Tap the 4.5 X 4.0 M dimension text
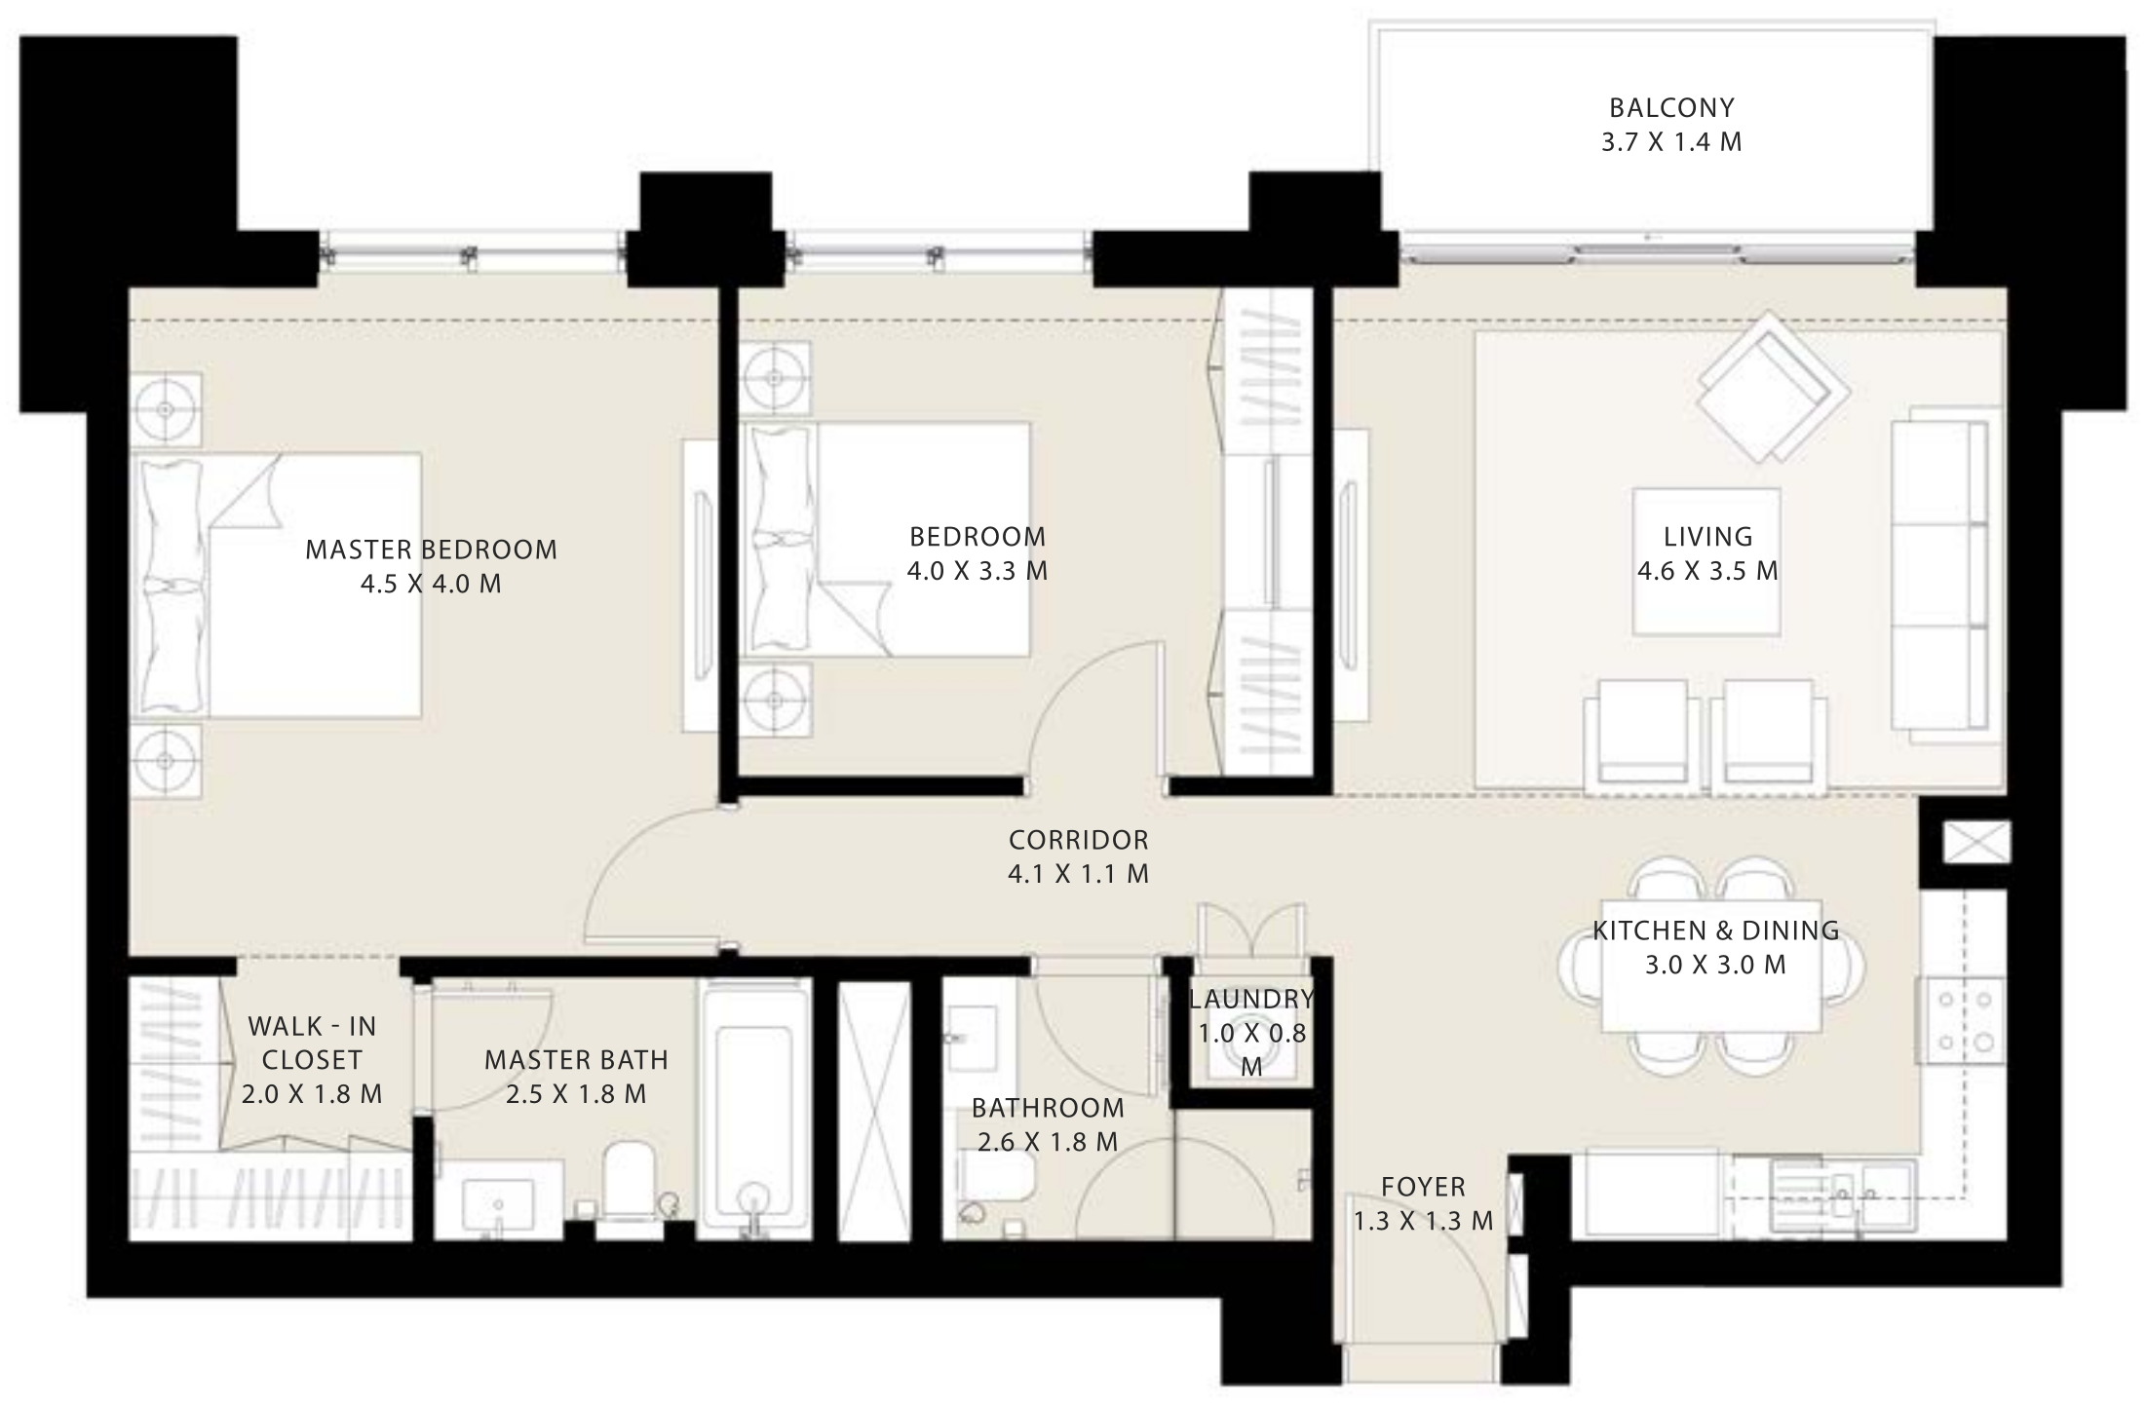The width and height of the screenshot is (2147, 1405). (431, 585)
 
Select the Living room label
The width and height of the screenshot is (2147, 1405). (1707, 536)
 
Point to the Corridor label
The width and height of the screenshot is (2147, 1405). (1078, 839)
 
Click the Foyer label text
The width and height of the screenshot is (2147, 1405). (1423, 1187)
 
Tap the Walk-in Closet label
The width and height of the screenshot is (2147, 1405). (312, 1043)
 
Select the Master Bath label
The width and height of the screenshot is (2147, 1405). (576, 1059)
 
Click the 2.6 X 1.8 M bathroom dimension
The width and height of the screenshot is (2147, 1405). (1048, 1142)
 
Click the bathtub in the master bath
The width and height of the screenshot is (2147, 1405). (753, 1109)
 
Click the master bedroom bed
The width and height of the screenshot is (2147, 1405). (276, 585)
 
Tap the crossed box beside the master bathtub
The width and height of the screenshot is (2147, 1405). (874, 1110)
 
